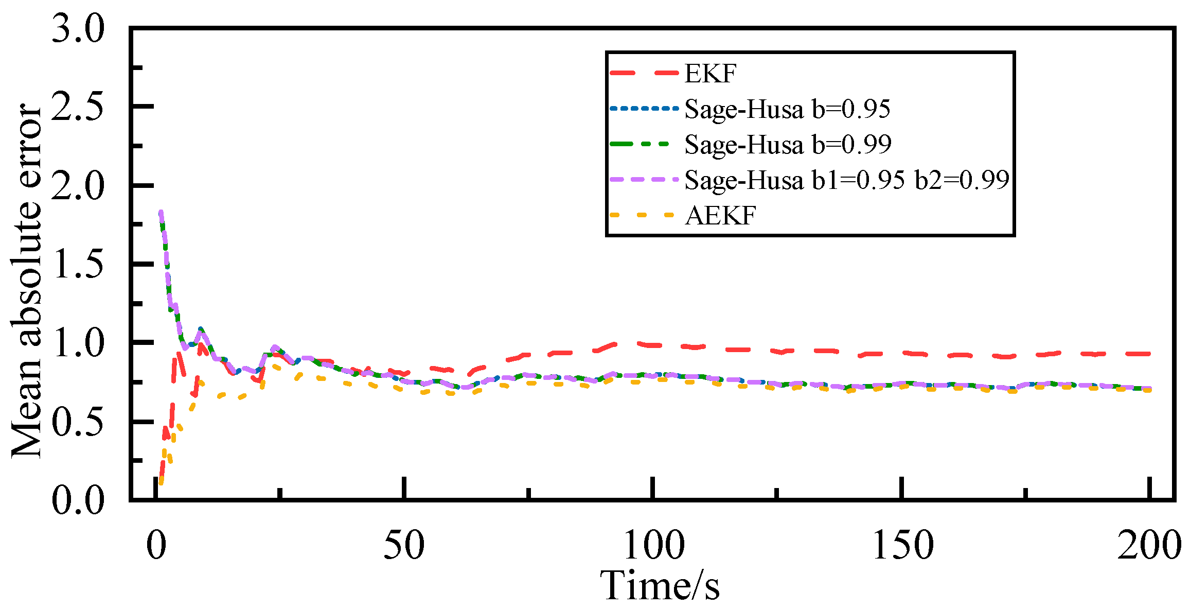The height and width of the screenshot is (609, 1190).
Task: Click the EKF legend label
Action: (711, 74)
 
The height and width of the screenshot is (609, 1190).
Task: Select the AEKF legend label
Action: (720, 216)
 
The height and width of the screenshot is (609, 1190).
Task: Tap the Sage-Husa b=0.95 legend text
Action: (787, 109)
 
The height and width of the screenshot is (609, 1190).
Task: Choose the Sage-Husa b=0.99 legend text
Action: (788, 145)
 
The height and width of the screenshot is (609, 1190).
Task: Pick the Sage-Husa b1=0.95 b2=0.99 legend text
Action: (847, 180)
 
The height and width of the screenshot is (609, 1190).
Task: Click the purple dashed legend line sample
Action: (643, 180)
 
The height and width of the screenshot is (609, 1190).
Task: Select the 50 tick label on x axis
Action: (404, 546)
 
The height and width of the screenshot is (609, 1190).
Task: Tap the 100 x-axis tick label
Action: (653, 546)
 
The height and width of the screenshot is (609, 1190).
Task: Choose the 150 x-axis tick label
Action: (902, 546)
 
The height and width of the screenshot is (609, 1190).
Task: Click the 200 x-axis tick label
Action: (1149, 546)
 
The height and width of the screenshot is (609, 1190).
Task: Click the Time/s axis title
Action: (660, 586)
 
